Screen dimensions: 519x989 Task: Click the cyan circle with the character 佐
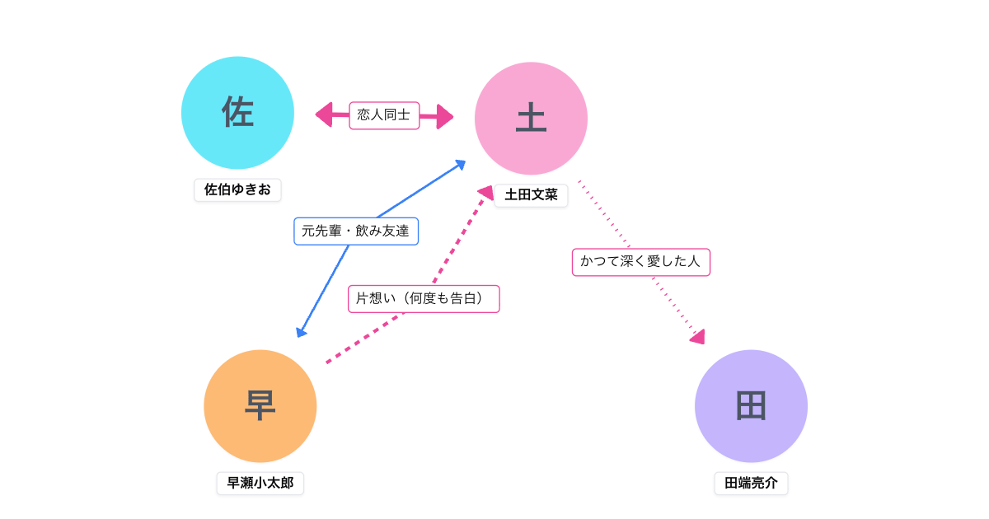click(237, 113)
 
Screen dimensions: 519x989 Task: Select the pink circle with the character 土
click(531, 119)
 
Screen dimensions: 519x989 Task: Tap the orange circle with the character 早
click(260, 406)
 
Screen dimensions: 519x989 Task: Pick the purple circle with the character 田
click(751, 406)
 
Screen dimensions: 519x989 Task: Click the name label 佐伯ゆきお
click(237, 189)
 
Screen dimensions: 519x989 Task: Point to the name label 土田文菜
click(531, 195)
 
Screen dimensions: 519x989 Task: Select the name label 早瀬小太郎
click(260, 483)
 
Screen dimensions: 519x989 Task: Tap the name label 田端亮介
click(751, 483)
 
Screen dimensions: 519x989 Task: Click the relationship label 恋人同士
click(384, 115)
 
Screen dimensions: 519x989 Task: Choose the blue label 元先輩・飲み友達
click(356, 231)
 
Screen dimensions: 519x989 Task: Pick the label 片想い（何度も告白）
click(424, 298)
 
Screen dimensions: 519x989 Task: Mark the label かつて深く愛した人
click(640, 262)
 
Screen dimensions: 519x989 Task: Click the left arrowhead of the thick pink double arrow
click(324, 115)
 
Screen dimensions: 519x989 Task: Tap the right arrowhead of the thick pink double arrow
click(445, 116)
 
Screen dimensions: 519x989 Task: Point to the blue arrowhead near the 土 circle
click(460, 165)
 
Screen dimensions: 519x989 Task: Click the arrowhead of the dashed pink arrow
click(486, 193)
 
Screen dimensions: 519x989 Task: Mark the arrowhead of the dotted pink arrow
click(697, 336)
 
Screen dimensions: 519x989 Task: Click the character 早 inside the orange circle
click(260, 406)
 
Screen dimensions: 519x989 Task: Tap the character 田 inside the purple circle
click(751, 406)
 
